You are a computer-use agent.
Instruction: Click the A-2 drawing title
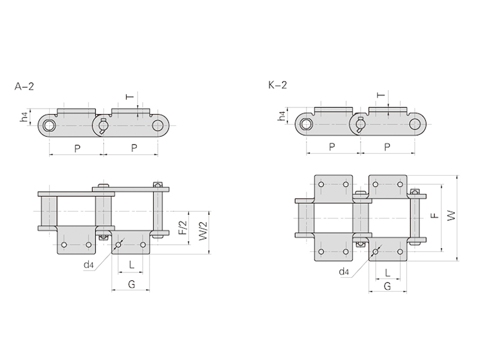pyautogui.click(x=24, y=86)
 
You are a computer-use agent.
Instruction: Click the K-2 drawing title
pyautogui.click(x=278, y=85)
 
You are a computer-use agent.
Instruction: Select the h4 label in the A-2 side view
pyautogui.click(x=25, y=117)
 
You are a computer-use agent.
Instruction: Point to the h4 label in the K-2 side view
pyautogui.click(x=281, y=116)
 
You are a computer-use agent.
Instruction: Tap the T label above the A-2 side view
pyautogui.click(x=130, y=97)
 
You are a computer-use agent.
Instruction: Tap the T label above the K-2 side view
pyautogui.click(x=381, y=95)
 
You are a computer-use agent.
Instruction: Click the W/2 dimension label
pyautogui.click(x=203, y=231)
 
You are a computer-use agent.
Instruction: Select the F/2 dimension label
pyautogui.click(x=183, y=228)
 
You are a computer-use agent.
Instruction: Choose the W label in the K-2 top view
pyautogui.click(x=451, y=216)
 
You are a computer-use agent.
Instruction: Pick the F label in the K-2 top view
pyautogui.click(x=434, y=215)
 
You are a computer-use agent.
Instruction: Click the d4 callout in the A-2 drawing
pyautogui.click(x=88, y=265)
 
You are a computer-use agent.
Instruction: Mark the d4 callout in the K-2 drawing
pyautogui.click(x=344, y=272)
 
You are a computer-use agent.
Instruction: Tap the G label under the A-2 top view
pyautogui.click(x=131, y=284)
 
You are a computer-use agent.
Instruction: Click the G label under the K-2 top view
pyautogui.click(x=387, y=286)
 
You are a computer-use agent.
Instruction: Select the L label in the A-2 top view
pyautogui.click(x=131, y=265)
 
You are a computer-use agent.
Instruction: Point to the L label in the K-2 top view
pyautogui.click(x=388, y=272)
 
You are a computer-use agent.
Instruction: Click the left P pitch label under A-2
pyautogui.click(x=77, y=149)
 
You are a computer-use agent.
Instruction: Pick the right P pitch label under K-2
pyautogui.click(x=387, y=147)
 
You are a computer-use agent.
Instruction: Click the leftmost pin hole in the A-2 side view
pyautogui.click(x=48, y=125)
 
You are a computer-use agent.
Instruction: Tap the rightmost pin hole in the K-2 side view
pyautogui.click(x=415, y=124)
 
